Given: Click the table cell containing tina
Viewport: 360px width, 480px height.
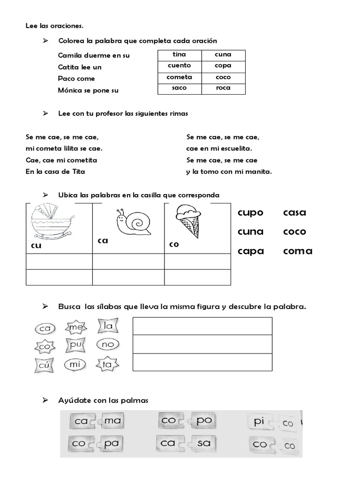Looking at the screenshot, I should [x=180, y=55].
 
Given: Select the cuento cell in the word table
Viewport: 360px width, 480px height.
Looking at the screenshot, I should [x=180, y=66].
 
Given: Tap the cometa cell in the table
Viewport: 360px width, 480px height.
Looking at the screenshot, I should [x=180, y=77].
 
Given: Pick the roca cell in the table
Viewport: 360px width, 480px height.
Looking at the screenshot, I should [x=223, y=89].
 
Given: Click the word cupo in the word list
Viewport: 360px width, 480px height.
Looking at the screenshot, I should [x=251, y=213].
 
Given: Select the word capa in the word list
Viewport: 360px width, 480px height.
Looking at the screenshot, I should [x=251, y=251].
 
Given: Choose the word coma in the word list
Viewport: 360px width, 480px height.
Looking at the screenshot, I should [x=298, y=251].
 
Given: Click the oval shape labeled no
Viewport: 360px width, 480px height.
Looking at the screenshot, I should [x=108, y=345].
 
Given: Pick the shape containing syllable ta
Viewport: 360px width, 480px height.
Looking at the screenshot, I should [x=107, y=364].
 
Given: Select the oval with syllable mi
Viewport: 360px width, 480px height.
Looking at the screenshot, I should [x=75, y=364].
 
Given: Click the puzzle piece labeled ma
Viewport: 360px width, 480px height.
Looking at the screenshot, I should [x=113, y=421].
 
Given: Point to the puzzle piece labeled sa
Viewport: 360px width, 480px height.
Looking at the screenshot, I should [x=204, y=443].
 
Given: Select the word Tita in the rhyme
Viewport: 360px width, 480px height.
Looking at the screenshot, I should [x=78, y=172].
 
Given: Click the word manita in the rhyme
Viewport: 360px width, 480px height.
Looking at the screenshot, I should [x=258, y=172].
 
